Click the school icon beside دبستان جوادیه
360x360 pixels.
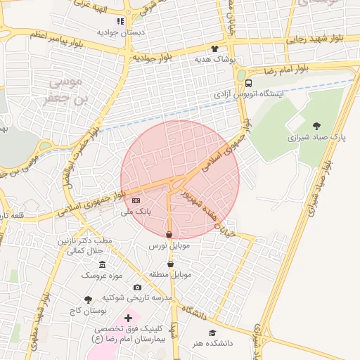pyautogui.click(x=120, y=21)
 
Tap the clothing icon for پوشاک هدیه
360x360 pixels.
pyautogui.click(x=215, y=49)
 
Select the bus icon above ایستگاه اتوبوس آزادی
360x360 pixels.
pyautogui.click(x=249, y=83)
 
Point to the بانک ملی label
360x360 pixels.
pyautogui.click(x=136, y=211)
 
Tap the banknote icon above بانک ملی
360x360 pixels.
pyautogui.click(x=136, y=201)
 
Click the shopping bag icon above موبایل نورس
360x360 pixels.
pyautogui.click(x=169, y=235)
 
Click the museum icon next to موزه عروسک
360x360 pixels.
pyautogui.click(x=103, y=264)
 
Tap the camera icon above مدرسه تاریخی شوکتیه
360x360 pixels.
pyautogui.click(x=137, y=287)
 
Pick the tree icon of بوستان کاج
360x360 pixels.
pyautogui.click(x=88, y=300)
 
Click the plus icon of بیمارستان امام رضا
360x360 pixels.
pyautogui.click(x=128, y=318)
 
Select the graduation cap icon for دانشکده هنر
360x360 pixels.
pyautogui.click(x=212, y=333)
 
